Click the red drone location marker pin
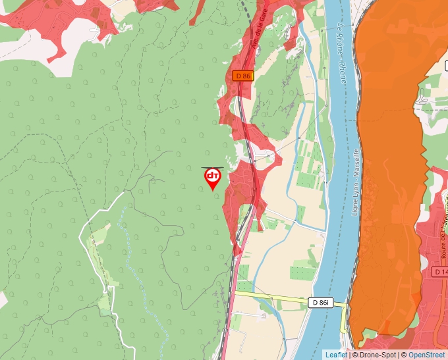tap(212, 178)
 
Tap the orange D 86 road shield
tap(242, 76)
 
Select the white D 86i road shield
tap(321, 302)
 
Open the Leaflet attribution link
tap(336, 355)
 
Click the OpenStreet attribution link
tap(426, 355)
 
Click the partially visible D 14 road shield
tap(440, 271)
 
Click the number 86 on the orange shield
tap(245, 76)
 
